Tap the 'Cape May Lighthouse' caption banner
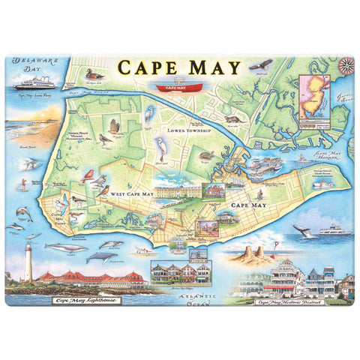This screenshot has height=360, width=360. tap(77, 301)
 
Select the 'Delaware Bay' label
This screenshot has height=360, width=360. tap(30, 66)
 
